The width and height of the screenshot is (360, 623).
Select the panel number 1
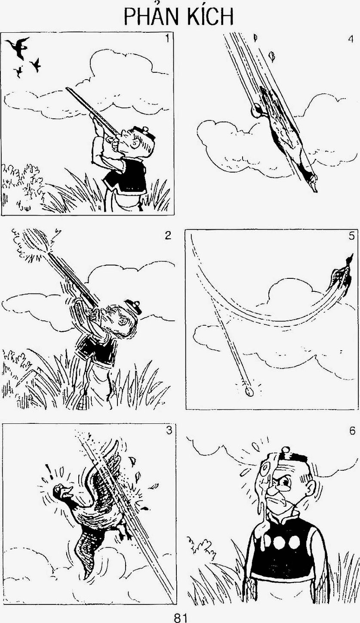(x=167, y=39)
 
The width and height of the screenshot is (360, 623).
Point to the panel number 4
(x=351, y=39)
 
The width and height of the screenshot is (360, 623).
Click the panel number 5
(x=351, y=236)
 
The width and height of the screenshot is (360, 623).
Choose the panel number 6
(x=352, y=431)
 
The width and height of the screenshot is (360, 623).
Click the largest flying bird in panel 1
(x=18, y=48)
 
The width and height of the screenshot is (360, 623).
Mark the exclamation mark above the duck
(x=51, y=470)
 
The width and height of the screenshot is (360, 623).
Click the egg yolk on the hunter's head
(x=267, y=467)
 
